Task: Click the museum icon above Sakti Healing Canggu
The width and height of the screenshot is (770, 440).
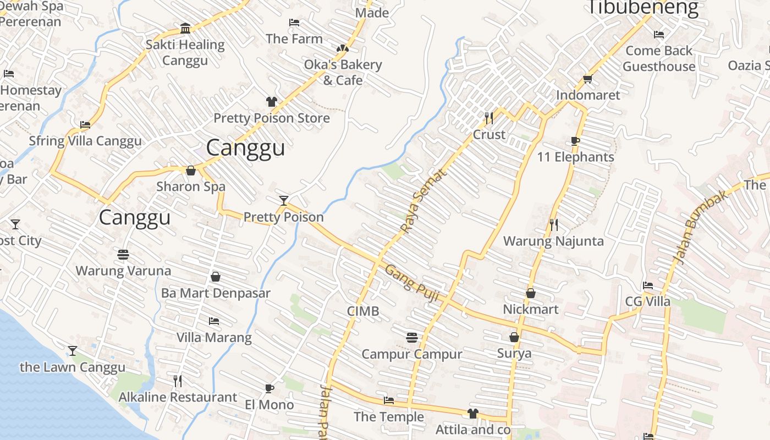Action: (185, 29)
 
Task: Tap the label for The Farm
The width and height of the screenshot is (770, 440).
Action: (294, 39)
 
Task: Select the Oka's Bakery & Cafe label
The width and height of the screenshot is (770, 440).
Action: (343, 72)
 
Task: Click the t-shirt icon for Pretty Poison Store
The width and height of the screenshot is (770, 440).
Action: (272, 102)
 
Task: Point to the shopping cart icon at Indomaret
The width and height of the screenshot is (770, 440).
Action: (587, 79)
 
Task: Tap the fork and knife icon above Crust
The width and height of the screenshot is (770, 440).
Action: (489, 118)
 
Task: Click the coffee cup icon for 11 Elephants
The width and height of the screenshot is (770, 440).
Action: (575, 141)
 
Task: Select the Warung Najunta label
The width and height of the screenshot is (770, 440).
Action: (553, 241)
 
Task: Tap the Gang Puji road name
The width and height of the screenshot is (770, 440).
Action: (411, 283)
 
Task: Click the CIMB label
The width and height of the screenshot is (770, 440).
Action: (363, 311)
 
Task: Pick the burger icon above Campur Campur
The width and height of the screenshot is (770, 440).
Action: (412, 338)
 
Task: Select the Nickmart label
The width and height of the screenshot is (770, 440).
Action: (531, 309)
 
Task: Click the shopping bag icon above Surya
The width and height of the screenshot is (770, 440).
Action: (514, 337)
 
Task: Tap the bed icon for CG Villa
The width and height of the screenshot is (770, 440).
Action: (648, 285)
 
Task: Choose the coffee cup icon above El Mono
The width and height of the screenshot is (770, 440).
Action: (269, 389)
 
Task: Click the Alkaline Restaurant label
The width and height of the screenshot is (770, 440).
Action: (178, 397)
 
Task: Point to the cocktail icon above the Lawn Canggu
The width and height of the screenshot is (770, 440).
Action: (72, 351)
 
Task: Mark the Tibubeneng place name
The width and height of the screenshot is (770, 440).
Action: (643, 8)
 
